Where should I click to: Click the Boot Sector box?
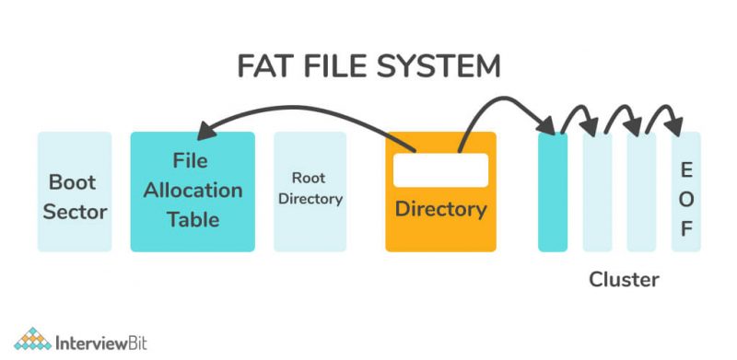pyautogui.click(x=75, y=192)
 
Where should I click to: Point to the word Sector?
pyautogui.click(x=75, y=212)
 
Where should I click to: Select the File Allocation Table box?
pyautogui.click(x=193, y=192)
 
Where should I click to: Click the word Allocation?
pyautogui.click(x=193, y=191)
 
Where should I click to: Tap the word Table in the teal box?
pyautogui.click(x=193, y=219)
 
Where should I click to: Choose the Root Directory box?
pyautogui.click(x=310, y=192)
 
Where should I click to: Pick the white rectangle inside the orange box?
pyautogui.click(x=440, y=170)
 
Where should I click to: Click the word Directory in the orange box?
pyautogui.click(x=440, y=209)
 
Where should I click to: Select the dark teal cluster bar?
pyautogui.click(x=553, y=192)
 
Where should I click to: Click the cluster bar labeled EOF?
pyautogui.click(x=685, y=192)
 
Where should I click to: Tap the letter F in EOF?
pyautogui.click(x=686, y=228)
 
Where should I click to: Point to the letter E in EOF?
pyautogui.click(x=686, y=169)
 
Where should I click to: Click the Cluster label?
pyautogui.click(x=624, y=279)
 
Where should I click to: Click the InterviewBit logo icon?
pyautogui.click(x=33, y=338)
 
